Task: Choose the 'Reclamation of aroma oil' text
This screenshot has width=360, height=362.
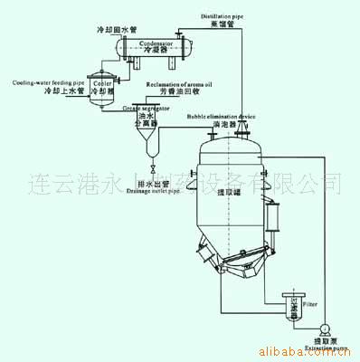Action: [177, 82]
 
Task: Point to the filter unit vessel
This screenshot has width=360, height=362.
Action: [293, 310]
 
